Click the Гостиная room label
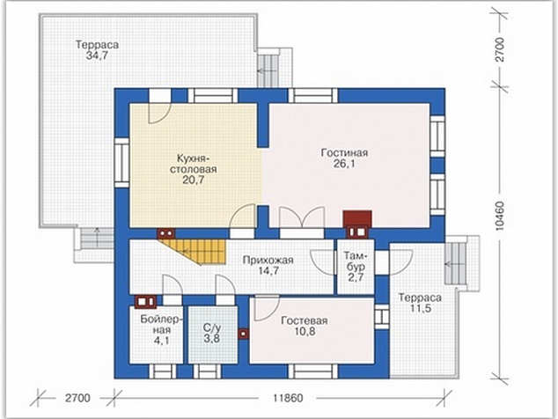[344, 153]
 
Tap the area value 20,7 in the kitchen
[194, 180]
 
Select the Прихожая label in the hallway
[268, 261]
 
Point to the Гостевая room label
[305, 320]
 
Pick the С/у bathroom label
[212, 327]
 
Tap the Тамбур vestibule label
[356, 261]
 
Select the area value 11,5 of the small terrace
[421, 308]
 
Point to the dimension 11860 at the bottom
[288, 398]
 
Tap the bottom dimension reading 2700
[77, 398]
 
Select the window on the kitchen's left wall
[121, 163]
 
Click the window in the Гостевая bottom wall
[312, 371]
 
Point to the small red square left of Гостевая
[244, 334]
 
